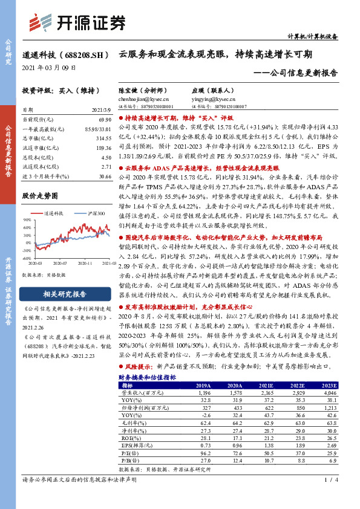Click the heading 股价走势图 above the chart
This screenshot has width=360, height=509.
[40, 196]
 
